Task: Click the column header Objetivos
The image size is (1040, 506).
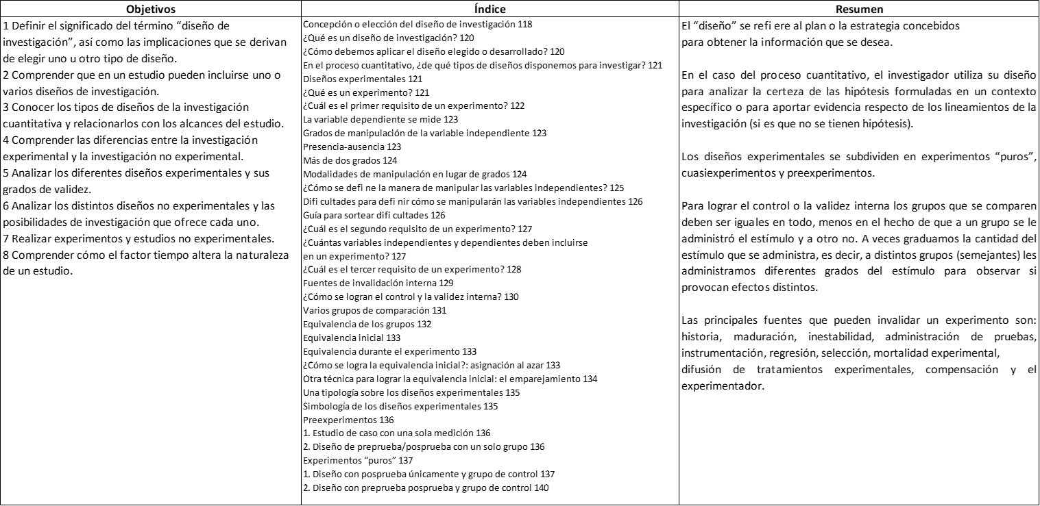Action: coord(151,9)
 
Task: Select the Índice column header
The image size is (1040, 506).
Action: coord(489,9)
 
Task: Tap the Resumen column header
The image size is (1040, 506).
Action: coord(858,9)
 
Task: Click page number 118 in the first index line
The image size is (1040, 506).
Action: coord(526,24)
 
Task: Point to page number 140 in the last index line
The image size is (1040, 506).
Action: coord(541,488)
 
